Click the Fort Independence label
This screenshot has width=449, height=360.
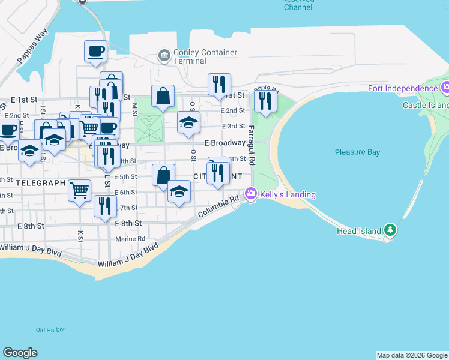tap(403, 89)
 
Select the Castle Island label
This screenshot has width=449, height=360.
tap(426, 105)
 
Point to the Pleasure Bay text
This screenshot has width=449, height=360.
tap(357, 152)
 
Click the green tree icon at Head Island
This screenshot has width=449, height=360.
tap(390, 230)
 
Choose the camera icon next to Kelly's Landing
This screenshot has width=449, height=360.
tap(250, 194)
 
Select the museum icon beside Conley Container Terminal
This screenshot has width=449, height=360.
tap(163, 56)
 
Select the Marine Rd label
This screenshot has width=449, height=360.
tap(130, 238)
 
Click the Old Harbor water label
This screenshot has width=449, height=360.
tap(50, 329)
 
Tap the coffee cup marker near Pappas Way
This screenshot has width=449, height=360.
tap(95, 51)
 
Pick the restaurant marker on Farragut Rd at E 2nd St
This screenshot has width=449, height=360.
tap(264, 101)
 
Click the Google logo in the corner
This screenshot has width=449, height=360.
tap(20, 353)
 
